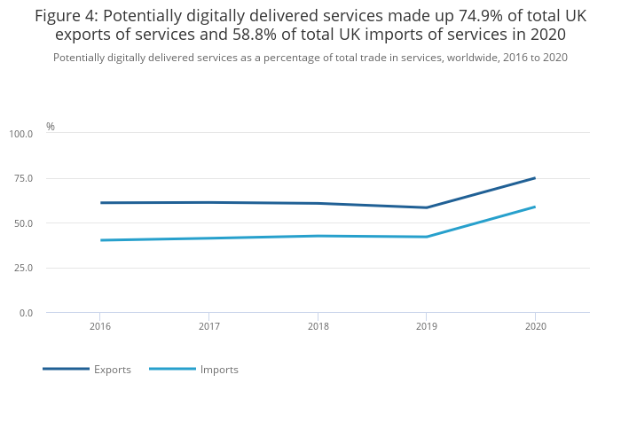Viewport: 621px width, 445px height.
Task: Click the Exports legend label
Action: (113, 370)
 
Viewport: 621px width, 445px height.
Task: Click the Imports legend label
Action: (219, 370)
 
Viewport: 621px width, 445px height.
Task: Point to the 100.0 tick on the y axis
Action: (21, 134)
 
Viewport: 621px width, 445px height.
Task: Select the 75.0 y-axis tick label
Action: (23, 178)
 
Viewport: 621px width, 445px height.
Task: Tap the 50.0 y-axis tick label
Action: (23, 223)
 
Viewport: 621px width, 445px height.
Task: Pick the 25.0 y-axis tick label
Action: (23, 268)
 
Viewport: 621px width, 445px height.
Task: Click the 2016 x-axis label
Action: (99, 326)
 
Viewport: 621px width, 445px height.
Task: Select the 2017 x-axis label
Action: (208, 326)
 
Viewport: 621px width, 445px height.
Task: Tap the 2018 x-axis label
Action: (318, 326)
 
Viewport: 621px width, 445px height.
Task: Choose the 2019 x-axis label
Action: (426, 326)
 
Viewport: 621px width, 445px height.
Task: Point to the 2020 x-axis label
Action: (535, 326)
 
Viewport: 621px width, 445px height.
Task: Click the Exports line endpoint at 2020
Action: (535, 178)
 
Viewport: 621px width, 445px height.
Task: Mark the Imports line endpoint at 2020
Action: (535, 207)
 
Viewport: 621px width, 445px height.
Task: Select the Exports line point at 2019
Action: (426, 207)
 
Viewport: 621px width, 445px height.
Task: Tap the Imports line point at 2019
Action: (426, 237)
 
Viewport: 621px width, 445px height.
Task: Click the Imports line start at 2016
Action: (100, 240)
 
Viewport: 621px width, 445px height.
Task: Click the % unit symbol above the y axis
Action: (51, 127)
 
